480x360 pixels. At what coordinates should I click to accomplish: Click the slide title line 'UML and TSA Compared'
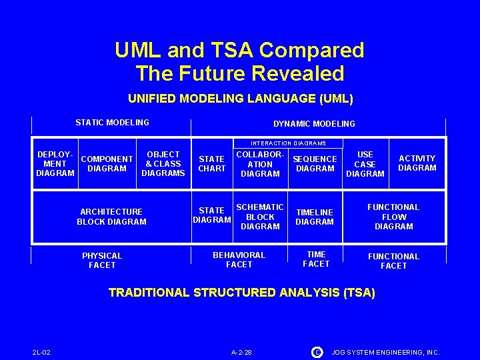[x=239, y=50]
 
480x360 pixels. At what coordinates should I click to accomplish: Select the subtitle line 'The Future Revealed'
[x=239, y=73]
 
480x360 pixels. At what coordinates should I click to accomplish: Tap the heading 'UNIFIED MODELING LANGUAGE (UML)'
[x=240, y=99]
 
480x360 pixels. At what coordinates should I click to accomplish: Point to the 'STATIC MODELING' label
[x=112, y=123]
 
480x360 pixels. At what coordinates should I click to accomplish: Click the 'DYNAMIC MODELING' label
[x=314, y=124]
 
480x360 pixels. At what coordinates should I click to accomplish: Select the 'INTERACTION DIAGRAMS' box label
[x=288, y=143]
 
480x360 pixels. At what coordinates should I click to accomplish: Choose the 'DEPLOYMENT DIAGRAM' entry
[x=55, y=163]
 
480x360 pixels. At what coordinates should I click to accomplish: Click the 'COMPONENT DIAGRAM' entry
[x=107, y=164]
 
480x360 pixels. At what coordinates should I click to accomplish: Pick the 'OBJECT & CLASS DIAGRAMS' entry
[x=163, y=163]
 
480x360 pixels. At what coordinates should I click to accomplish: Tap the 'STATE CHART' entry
[x=211, y=164]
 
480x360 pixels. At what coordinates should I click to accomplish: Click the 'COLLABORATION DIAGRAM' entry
[x=260, y=164]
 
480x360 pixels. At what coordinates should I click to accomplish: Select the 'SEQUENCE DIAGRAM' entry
[x=315, y=164]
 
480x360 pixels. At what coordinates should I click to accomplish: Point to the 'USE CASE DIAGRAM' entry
[x=365, y=164]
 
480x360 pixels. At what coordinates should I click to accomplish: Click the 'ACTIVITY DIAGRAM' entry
[x=417, y=163]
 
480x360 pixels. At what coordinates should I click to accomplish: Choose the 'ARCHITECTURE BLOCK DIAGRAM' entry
[x=111, y=217]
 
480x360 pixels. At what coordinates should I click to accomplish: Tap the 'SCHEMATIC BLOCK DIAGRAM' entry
[x=260, y=217]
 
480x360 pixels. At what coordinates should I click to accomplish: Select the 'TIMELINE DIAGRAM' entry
[x=315, y=217]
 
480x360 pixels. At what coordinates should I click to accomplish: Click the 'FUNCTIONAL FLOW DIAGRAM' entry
[x=393, y=217]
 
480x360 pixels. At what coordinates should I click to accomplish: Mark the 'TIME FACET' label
[x=316, y=259]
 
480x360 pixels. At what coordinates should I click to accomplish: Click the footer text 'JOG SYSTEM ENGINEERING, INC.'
[x=386, y=352]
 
